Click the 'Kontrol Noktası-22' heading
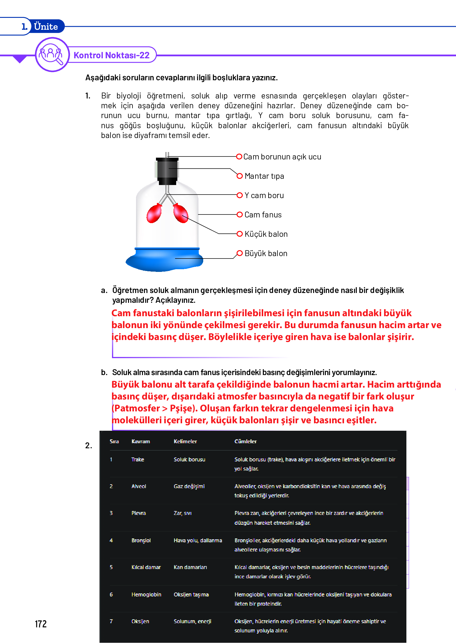point(111,55)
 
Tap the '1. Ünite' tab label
point(40,26)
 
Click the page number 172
point(41,624)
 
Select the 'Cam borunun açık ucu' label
point(282,157)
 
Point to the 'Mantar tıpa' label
point(264,176)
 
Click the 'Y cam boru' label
point(264,195)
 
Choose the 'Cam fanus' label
point(263,215)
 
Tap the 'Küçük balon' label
point(266,234)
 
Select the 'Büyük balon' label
point(266,253)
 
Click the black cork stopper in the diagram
point(167,171)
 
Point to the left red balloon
point(154,213)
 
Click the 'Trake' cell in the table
point(138,460)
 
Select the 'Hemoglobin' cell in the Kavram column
point(146,595)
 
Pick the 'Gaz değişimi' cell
point(189,486)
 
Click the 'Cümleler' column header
point(245,441)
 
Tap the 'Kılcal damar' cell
point(146,567)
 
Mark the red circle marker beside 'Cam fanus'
point(240,214)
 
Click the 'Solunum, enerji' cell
point(193,621)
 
